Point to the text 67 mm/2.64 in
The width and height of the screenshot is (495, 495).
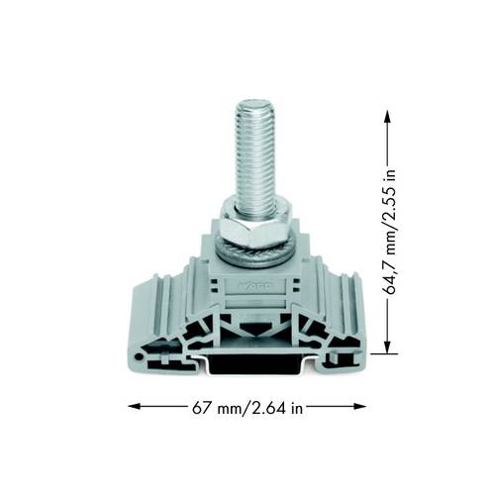pos(247,407)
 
